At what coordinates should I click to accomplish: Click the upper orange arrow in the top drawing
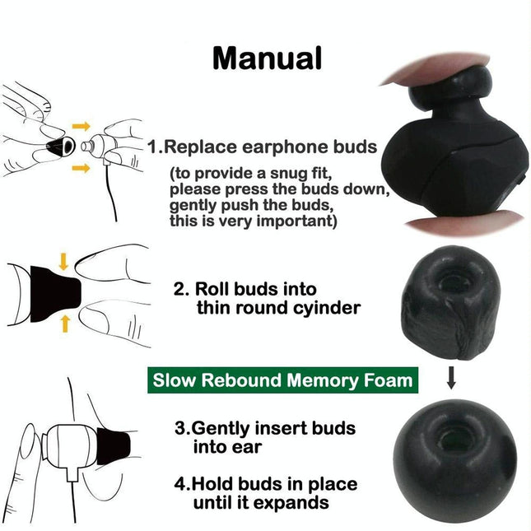(x=81, y=126)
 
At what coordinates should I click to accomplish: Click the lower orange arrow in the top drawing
(x=81, y=169)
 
